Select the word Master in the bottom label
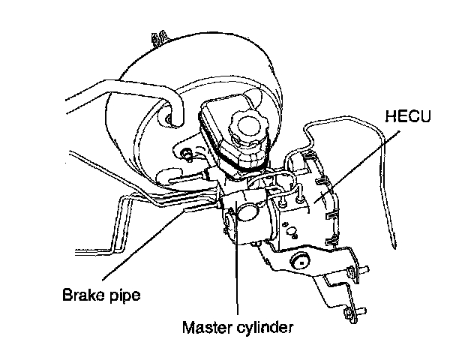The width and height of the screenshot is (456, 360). [205, 327]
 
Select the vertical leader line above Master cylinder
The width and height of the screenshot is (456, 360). [237, 277]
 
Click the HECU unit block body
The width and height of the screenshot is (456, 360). [307, 210]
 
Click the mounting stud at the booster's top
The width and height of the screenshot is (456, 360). [159, 37]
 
